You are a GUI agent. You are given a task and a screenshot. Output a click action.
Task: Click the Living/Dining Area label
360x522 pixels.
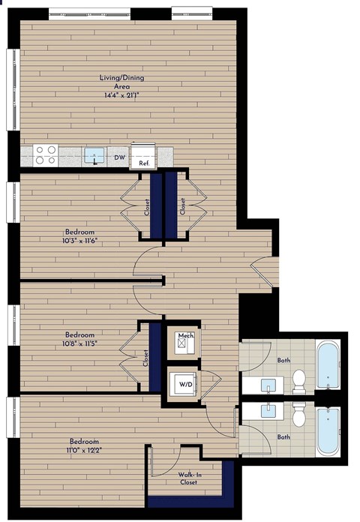point(122,82)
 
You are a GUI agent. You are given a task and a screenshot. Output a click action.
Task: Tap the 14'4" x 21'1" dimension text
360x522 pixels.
point(122,95)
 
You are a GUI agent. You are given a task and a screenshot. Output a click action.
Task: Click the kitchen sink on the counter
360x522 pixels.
point(94,155)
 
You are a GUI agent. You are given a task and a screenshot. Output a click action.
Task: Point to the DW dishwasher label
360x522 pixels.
point(118,157)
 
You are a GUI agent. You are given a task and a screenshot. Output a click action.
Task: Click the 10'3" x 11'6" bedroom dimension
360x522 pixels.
point(78,241)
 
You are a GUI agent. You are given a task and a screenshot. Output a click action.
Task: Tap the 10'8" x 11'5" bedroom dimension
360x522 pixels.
point(82,343)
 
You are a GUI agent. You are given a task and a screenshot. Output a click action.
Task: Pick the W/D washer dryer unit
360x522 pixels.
point(184,385)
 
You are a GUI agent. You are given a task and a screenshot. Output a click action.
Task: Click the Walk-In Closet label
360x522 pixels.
point(187,478)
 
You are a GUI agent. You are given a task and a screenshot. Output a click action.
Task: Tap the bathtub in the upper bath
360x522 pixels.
point(328,367)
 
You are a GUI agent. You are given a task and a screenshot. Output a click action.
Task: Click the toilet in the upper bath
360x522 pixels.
point(299,379)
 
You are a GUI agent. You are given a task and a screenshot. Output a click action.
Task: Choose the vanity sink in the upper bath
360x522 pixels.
point(268,385)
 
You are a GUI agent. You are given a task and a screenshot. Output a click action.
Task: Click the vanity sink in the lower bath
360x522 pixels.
point(268,409)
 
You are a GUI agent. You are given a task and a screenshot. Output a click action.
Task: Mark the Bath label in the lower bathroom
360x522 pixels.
point(283,436)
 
